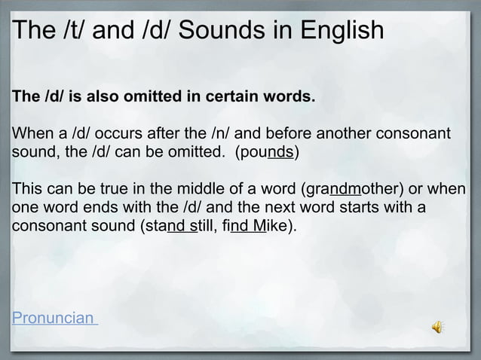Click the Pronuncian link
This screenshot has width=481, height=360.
click(x=54, y=316)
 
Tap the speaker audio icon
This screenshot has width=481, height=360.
click(x=437, y=325)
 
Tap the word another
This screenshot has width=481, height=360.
click(x=338, y=136)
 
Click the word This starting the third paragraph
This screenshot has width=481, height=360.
click(x=28, y=188)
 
